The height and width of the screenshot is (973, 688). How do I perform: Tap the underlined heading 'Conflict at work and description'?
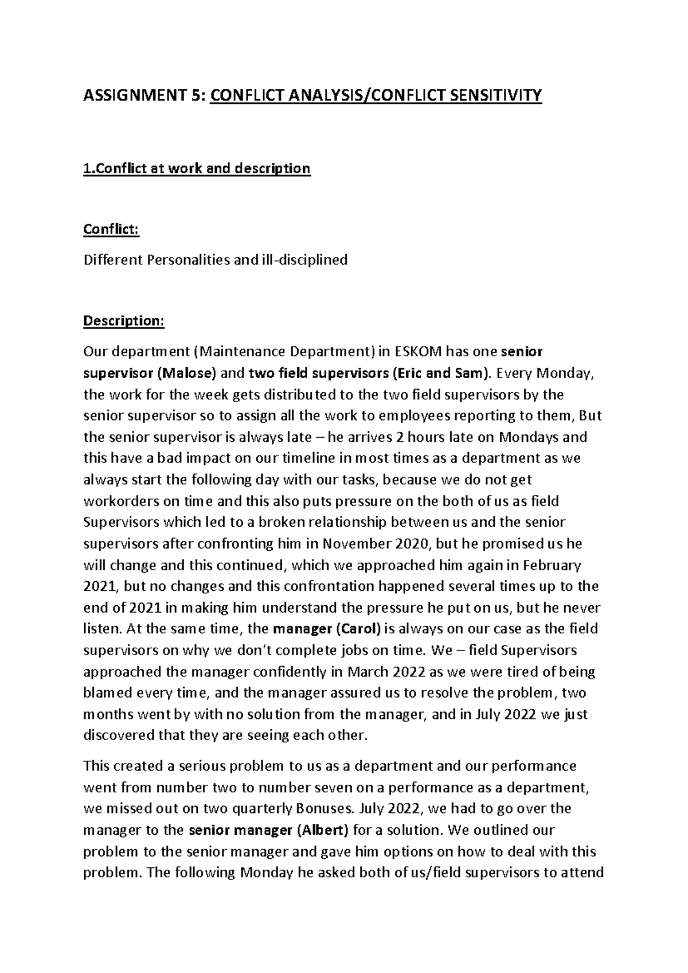197,168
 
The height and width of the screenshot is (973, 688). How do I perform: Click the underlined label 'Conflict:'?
111,229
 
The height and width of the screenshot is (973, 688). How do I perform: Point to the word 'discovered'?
119,735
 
